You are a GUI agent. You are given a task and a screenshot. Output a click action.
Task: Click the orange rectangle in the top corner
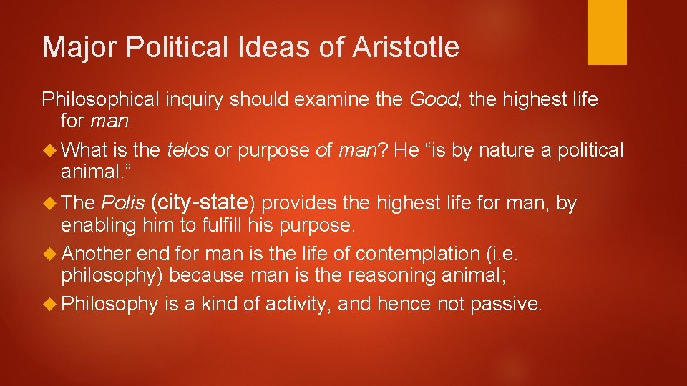point(607,32)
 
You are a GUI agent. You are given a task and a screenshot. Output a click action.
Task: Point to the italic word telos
point(187,150)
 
